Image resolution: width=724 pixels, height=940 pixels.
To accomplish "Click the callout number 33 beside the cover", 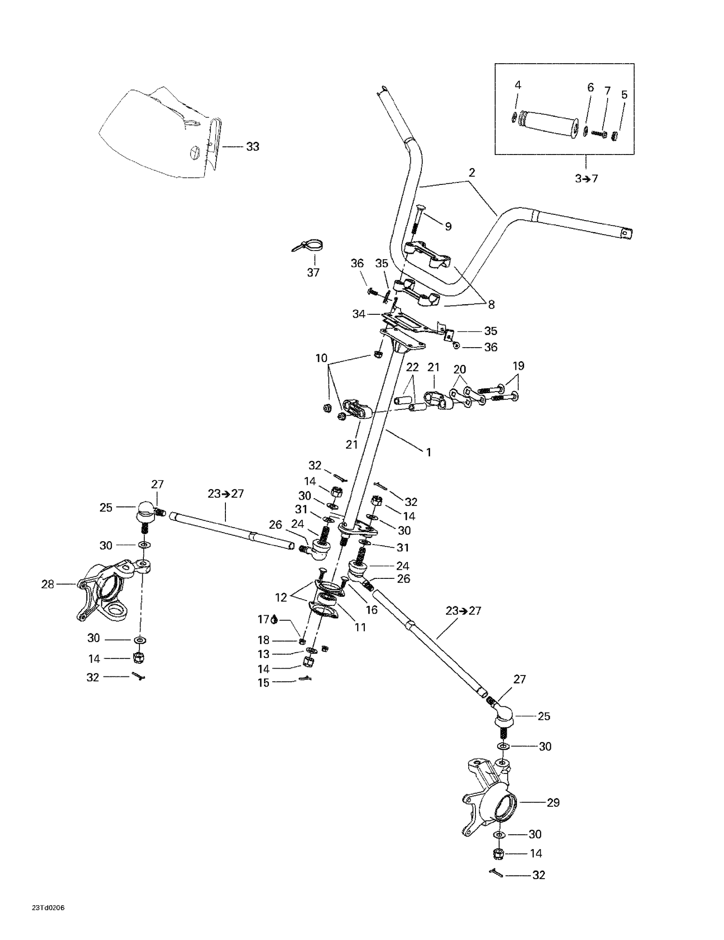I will pyautogui.click(x=252, y=147).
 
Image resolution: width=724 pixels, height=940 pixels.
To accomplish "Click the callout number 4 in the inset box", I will pyautogui.click(x=517, y=85).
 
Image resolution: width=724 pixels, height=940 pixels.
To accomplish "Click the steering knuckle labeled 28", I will pyautogui.click(x=104, y=589).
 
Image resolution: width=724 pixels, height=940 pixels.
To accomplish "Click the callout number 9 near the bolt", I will pyautogui.click(x=448, y=226).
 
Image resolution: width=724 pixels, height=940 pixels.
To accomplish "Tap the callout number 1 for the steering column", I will pyautogui.click(x=428, y=452).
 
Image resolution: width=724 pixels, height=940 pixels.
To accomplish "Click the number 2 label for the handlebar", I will pyautogui.click(x=472, y=172).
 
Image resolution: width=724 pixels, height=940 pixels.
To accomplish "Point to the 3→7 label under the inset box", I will pyautogui.click(x=586, y=179).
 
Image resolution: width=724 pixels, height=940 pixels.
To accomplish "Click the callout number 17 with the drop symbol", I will pyautogui.click(x=263, y=619).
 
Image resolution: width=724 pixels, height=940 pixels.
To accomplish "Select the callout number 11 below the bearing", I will pyautogui.click(x=360, y=627).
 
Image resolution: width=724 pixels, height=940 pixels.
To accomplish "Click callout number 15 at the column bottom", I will pyautogui.click(x=263, y=683).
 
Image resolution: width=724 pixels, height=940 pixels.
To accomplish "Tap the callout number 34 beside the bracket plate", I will pyautogui.click(x=359, y=314).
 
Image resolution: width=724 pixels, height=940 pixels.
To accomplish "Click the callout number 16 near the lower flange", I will pyautogui.click(x=371, y=610).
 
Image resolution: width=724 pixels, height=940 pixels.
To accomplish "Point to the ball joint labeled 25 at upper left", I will pyautogui.click(x=145, y=512).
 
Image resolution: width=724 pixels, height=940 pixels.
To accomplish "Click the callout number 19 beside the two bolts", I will pyautogui.click(x=518, y=365).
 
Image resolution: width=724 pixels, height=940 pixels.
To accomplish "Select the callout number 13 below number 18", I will pyautogui.click(x=263, y=654).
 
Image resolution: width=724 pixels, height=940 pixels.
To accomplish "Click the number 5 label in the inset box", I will pyautogui.click(x=624, y=95).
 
